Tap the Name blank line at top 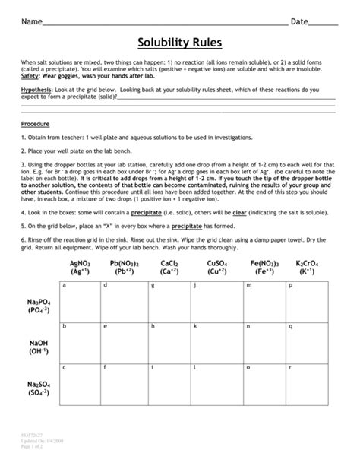(163, 24)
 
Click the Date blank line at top (324, 24)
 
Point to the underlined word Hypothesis (36, 89)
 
